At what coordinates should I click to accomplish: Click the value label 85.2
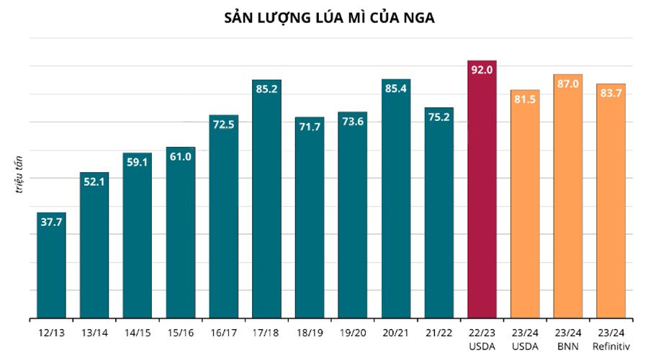tap(266, 89)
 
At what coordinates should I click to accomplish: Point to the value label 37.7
tap(51, 222)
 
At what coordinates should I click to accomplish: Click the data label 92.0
tap(482, 70)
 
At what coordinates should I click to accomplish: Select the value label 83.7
tap(611, 94)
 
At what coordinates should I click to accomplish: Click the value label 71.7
tap(310, 127)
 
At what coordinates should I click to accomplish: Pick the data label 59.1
tap(137, 163)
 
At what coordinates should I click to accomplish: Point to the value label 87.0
tap(567, 84)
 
